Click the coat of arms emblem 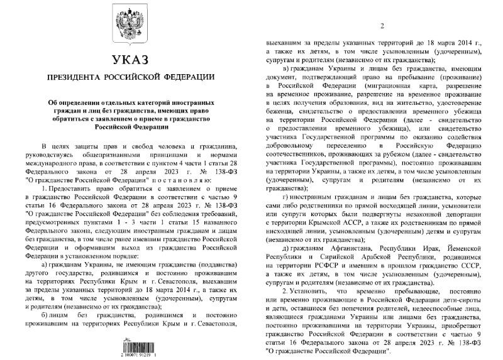click(x=129, y=26)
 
